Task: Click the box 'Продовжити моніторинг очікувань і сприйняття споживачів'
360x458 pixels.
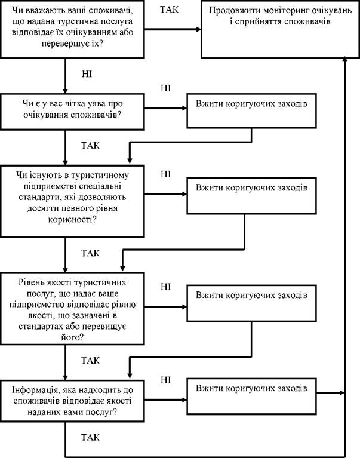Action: pos(280,29)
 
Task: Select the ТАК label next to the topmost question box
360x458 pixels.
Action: pos(169,10)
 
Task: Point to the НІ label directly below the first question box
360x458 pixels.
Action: pos(87,74)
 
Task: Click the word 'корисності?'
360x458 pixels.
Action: pos(72,219)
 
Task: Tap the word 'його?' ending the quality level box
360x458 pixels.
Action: pos(72,338)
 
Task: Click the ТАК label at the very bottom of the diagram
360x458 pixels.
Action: pos(90,438)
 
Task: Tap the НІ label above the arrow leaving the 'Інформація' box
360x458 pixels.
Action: pos(165,380)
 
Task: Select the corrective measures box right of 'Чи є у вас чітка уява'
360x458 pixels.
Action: pos(251,110)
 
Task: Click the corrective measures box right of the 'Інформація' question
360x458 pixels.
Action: pos(251,396)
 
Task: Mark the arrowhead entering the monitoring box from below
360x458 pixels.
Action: pos(344,59)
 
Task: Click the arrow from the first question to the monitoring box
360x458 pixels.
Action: pos(173,29)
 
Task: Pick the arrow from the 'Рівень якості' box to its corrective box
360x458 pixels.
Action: pos(165,307)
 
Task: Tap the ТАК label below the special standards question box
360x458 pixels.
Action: pos(90,253)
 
